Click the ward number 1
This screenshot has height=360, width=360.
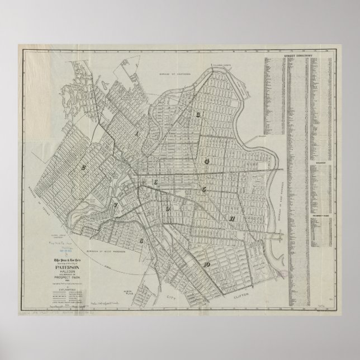click(x=136, y=134)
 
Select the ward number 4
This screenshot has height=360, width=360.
click(x=206, y=161)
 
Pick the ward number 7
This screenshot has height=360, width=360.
click(x=116, y=206)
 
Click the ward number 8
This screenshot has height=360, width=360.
click(x=141, y=241)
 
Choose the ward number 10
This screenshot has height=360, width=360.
click(x=207, y=264)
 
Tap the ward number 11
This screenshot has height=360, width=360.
click(x=230, y=219)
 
